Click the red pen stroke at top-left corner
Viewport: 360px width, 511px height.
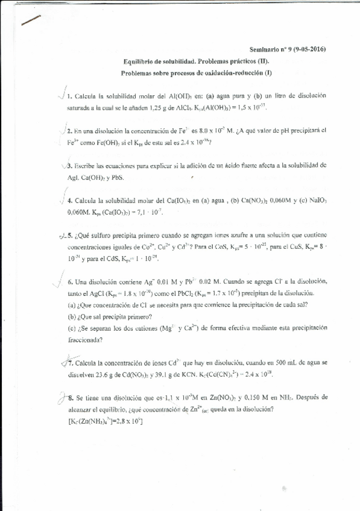(x=30, y=19)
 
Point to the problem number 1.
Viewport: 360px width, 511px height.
(x=70, y=96)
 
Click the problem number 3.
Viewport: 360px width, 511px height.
(x=70, y=165)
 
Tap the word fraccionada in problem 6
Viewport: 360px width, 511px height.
(x=84, y=339)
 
